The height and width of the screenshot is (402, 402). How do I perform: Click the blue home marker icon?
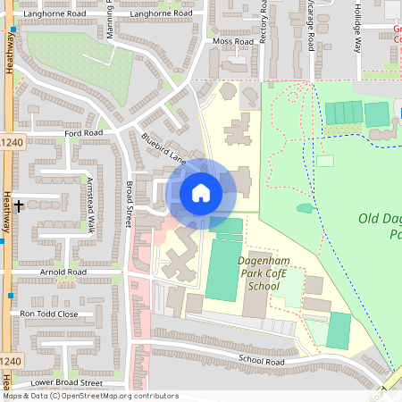pos(201,192)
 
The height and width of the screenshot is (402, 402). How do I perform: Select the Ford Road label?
pos(84,133)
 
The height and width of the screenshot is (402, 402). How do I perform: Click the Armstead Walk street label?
pos(90,205)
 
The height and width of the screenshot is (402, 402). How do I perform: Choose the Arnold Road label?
pos(63,272)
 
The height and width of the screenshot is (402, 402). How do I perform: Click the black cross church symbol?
pos(19,205)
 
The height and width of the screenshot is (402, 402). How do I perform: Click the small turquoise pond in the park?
pos(305,208)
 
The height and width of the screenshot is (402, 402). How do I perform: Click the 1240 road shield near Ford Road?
pos(11,142)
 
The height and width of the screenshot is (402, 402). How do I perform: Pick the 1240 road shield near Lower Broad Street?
pos(10,360)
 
